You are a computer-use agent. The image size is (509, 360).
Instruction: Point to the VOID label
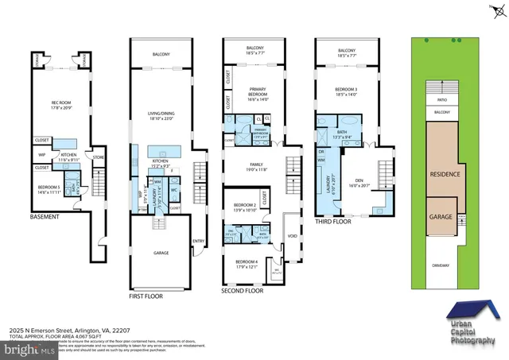tap(292, 236)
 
